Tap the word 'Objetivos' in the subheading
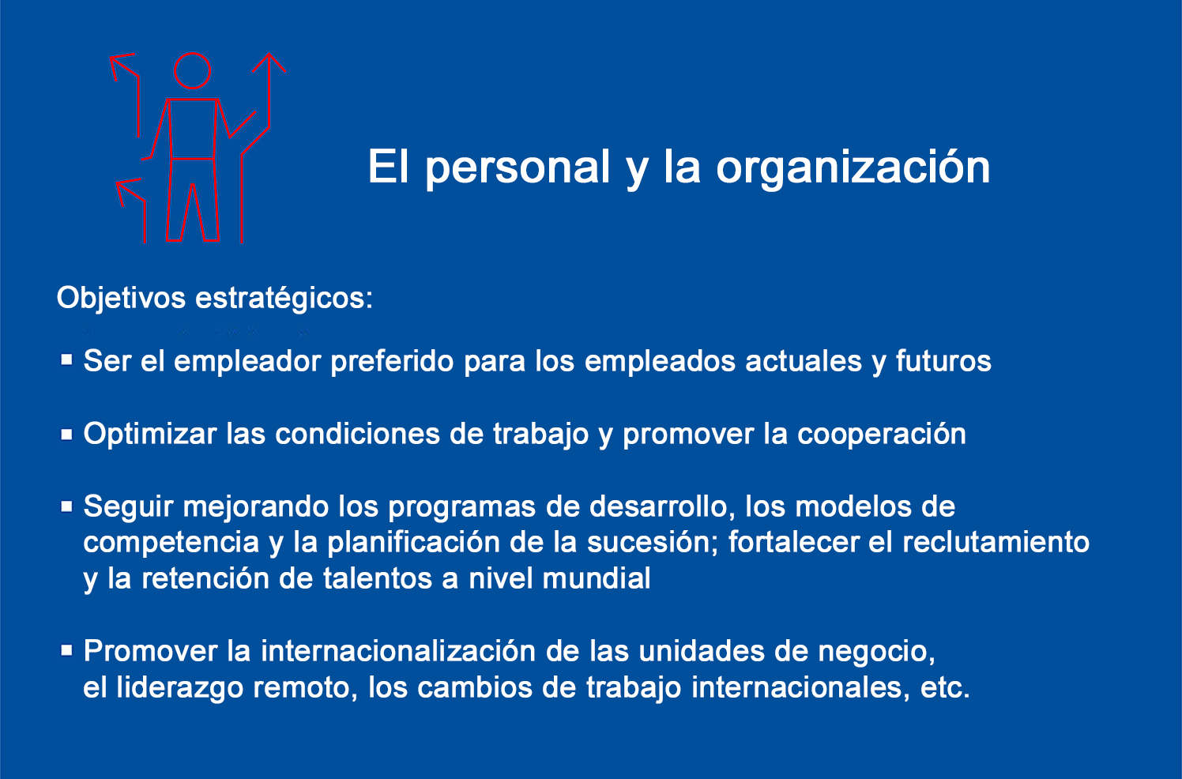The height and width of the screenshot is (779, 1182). (x=121, y=299)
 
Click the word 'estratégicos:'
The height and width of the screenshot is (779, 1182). (x=284, y=299)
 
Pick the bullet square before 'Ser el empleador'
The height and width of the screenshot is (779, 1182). (x=66, y=360)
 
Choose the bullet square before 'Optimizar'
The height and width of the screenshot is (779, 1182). (x=66, y=435)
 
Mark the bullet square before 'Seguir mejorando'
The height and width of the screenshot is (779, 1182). (x=66, y=506)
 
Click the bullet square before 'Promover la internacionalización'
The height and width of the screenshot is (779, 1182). (x=66, y=650)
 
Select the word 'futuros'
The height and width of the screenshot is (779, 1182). (x=943, y=361)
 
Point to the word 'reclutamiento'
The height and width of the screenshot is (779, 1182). (x=996, y=542)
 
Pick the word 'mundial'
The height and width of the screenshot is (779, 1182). (x=597, y=578)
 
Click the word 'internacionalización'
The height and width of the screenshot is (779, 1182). (x=398, y=651)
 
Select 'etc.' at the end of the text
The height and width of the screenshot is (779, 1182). (x=945, y=687)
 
